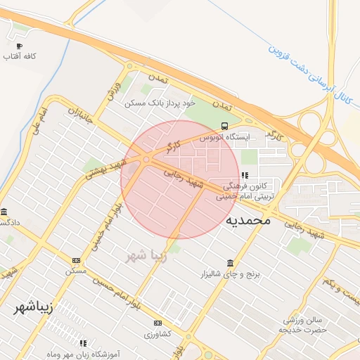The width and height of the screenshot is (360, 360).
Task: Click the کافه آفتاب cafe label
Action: point(20,56)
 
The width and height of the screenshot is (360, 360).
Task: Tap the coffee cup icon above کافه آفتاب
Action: point(19,45)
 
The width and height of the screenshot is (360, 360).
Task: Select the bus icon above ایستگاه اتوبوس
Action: point(224,127)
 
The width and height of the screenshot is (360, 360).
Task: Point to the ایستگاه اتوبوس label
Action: point(224,138)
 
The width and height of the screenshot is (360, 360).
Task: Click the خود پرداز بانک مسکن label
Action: point(159,103)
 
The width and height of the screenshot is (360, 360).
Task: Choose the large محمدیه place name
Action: point(248,220)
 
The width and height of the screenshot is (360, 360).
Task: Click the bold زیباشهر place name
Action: point(34,307)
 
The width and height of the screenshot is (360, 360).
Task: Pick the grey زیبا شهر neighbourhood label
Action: point(146,255)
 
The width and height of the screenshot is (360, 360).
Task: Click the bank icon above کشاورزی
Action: point(157,323)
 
